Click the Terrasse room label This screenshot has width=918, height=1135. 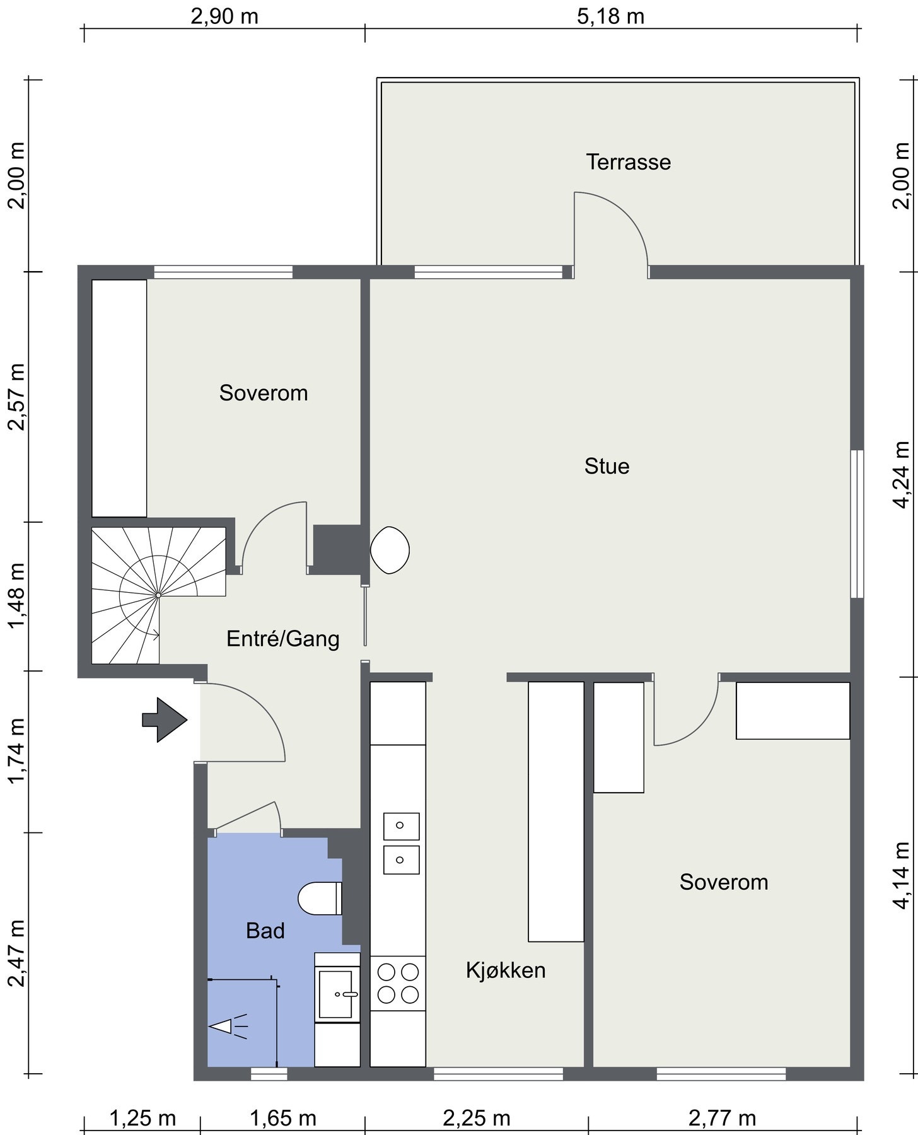[x=629, y=162]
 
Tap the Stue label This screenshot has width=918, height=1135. [x=607, y=466]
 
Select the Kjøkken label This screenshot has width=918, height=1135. [x=506, y=970]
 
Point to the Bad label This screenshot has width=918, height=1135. [x=265, y=930]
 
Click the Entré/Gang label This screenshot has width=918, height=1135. [x=283, y=639]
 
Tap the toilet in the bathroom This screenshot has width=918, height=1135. [x=320, y=899]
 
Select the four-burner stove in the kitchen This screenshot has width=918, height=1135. [x=398, y=983]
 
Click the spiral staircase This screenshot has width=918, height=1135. [x=158, y=594]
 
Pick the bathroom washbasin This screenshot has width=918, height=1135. [x=337, y=994]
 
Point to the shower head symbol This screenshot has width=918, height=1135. [x=228, y=1026]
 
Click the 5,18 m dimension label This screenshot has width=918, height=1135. [x=611, y=16]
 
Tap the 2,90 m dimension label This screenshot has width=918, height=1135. [x=224, y=16]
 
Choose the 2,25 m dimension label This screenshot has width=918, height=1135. [x=477, y=1118]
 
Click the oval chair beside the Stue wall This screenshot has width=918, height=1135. [x=390, y=550]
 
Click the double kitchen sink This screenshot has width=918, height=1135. [x=402, y=843]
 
